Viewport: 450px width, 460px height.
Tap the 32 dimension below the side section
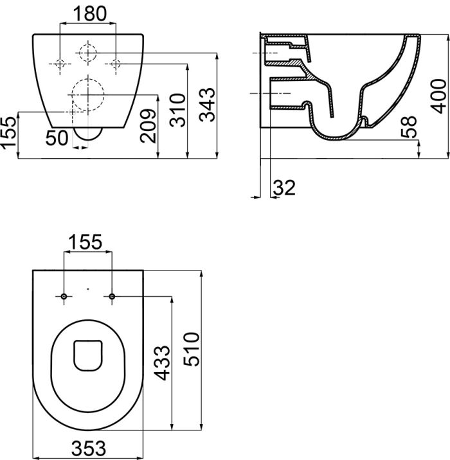[x=284, y=188]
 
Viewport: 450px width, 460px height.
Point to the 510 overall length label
[x=191, y=350]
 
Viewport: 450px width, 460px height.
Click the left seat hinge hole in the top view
[x=64, y=296]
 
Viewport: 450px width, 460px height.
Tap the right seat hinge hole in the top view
[x=113, y=296]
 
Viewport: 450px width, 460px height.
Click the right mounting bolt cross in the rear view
[x=116, y=63]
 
